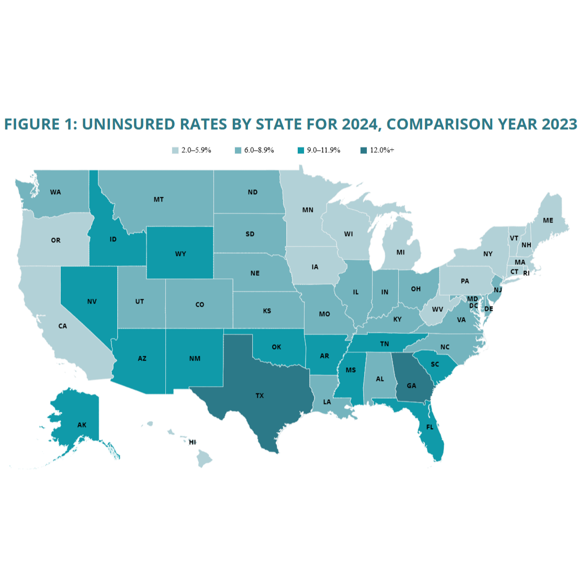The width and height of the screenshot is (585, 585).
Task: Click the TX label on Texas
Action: click(x=260, y=396)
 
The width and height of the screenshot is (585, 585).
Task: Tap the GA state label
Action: click(x=411, y=386)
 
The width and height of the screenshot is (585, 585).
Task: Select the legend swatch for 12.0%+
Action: click(x=364, y=151)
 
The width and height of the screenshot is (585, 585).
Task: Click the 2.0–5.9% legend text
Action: click(x=196, y=150)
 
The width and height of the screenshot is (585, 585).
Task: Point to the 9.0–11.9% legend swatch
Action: click(x=301, y=151)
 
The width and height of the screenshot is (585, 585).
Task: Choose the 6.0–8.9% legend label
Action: click(x=259, y=150)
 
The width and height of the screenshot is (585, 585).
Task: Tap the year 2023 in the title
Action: click(x=559, y=124)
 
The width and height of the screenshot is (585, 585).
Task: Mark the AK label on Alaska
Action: click(x=82, y=425)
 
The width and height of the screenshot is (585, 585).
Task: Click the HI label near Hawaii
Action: click(x=193, y=442)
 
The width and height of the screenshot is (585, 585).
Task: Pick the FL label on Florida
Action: click(x=430, y=427)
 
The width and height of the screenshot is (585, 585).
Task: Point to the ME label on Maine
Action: click(x=548, y=220)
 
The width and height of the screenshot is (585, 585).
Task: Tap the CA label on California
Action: click(x=62, y=326)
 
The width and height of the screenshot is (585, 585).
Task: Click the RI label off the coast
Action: click(x=526, y=273)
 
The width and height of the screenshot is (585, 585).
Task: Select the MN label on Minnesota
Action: click(x=308, y=210)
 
